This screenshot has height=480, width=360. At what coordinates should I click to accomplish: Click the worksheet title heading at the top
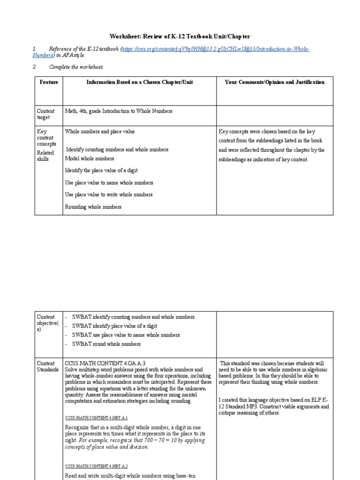(180, 37)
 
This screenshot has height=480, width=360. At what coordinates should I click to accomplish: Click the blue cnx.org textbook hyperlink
(216, 49)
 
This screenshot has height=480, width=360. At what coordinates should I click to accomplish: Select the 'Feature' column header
(49, 82)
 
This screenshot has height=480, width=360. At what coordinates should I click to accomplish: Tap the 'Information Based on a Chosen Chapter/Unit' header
(139, 82)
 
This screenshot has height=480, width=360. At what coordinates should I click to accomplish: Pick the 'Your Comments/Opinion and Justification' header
(274, 82)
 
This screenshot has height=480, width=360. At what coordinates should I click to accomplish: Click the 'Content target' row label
(45, 114)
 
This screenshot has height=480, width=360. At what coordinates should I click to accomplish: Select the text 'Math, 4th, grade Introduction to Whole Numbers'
(119, 111)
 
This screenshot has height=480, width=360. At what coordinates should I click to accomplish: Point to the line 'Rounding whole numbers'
(93, 207)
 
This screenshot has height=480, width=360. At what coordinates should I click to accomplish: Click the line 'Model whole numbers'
(89, 158)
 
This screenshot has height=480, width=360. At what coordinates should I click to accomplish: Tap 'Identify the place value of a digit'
(101, 171)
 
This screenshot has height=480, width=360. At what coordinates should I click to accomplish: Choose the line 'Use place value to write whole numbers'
(109, 195)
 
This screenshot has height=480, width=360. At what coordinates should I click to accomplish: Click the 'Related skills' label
(45, 156)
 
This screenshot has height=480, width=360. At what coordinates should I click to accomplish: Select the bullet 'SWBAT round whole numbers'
(106, 344)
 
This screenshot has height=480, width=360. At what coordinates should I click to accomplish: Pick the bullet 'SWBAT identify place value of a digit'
(114, 326)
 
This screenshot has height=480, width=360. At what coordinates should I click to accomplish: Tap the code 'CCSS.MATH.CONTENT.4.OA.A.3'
(105, 363)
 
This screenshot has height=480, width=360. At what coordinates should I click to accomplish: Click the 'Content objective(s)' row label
(46, 323)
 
